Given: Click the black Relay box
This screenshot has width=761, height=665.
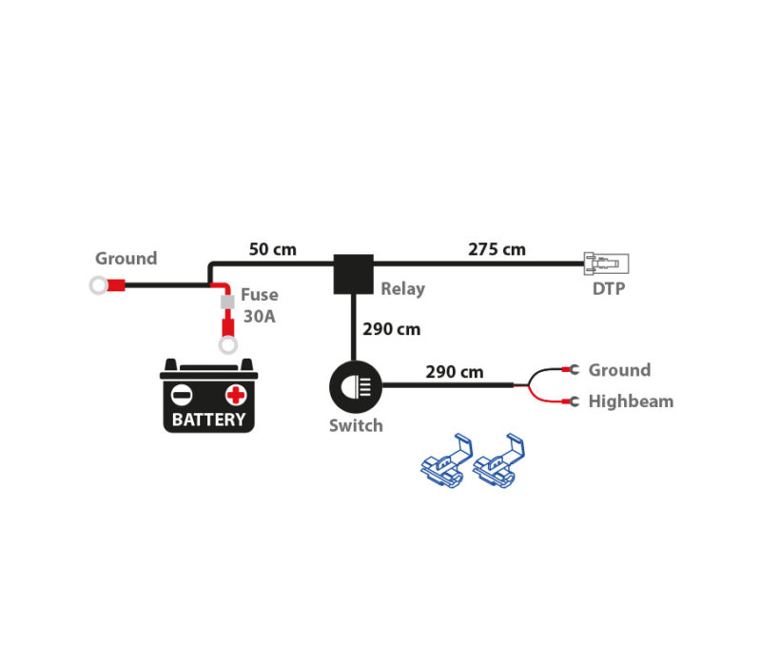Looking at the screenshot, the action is [353, 274].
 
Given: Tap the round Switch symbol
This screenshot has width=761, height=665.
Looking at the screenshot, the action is [356, 387].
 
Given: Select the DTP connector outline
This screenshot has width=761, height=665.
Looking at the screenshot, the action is [606, 264].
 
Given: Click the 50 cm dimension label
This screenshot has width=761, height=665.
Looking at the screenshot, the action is [272, 249].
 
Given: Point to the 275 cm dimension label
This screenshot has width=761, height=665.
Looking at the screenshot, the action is [497, 249].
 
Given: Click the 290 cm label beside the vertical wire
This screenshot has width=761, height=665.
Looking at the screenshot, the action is [391, 329].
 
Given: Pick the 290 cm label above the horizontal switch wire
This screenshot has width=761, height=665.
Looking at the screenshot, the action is [455, 372].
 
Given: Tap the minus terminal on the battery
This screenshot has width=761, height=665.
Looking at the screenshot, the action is [182, 395].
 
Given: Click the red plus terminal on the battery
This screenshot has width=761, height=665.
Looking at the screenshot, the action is [236, 395].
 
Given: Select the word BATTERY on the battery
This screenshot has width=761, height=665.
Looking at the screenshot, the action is [208, 420].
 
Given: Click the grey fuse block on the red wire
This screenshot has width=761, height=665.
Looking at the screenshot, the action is [227, 302].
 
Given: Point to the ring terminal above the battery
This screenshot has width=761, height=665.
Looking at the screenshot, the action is [228, 345].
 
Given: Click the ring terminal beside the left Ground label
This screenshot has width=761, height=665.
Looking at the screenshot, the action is [99, 285].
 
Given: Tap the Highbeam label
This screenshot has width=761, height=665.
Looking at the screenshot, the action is [631, 401].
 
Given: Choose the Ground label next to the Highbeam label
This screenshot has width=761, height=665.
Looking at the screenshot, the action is [619, 370].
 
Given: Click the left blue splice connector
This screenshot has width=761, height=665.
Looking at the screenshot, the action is [446, 460].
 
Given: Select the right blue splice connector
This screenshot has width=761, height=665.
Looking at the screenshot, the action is [498, 460].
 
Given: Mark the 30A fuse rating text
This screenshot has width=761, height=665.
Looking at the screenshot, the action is [259, 317].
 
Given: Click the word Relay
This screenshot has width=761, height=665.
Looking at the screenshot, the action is [402, 289].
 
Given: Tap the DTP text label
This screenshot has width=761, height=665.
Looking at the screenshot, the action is [609, 289].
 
